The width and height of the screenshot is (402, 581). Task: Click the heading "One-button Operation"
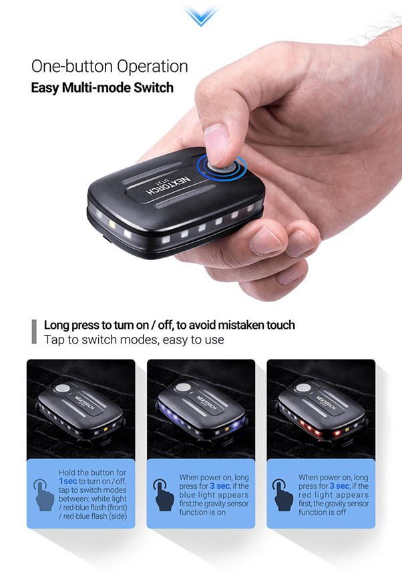(x=110, y=66)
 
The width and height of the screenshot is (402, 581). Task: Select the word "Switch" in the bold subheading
(x=154, y=88)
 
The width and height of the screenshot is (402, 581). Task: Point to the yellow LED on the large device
(x=112, y=224)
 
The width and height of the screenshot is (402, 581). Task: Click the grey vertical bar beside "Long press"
(x=34, y=332)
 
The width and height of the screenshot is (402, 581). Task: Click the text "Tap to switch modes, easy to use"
(x=134, y=340)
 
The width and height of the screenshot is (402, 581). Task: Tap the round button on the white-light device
(x=62, y=388)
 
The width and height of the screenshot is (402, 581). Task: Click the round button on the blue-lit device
(x=183, y=388)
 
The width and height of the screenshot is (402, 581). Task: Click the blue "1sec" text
(x=68, y=481)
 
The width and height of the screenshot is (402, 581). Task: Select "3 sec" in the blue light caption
(x=220, y=486)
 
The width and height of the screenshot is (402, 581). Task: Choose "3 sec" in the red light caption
(x=339, y=486)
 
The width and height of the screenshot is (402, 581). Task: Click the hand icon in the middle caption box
(x=164, y=495)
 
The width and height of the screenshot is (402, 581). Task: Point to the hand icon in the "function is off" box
(x=283, y=495)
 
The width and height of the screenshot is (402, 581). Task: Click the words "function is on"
(x=202, y=512)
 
